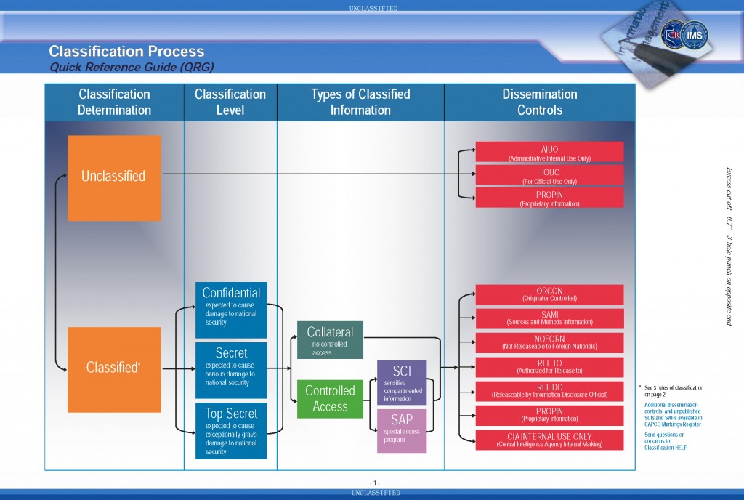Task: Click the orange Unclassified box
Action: coord(114,177)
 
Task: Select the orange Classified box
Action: coord(114,369)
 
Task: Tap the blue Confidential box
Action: coord(231,310)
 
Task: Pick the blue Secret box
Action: coord(231,369)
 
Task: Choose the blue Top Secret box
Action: coord(231,430)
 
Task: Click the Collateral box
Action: coord(330,339)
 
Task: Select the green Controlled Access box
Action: coord(330,399)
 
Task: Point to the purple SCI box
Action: coord(402,382)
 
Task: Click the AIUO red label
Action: coord(549,152)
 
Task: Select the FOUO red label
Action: coord(549,175)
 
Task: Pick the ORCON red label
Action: coord(549,294)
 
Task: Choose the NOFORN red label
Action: coord(549,342)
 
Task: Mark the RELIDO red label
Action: coord(549,391)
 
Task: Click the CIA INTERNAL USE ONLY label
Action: coord(549,440)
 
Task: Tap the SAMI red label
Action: coord(549,318)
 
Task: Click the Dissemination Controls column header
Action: coord(539,102)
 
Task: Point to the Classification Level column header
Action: coord(230,102)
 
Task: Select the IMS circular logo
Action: coord(695,35)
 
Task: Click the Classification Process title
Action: coord(126,52)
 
